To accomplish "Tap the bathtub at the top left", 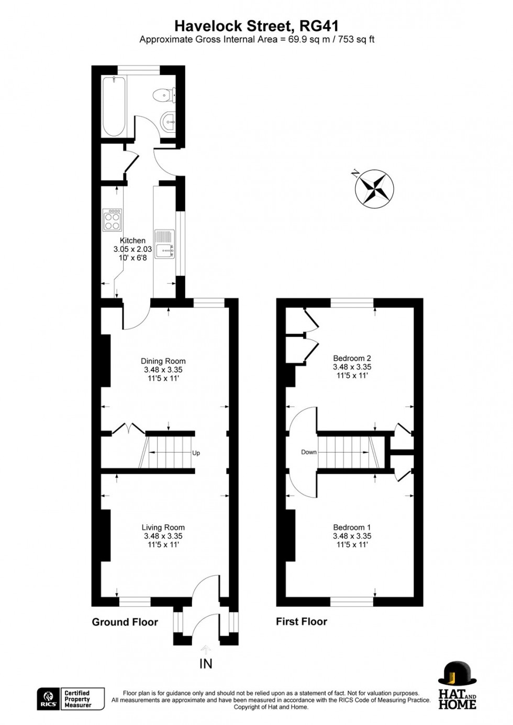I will tap(114, 106).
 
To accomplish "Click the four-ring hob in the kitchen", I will tap(113, 220).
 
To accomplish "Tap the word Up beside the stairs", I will tap(196, 453).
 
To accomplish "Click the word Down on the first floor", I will tap(309, 452).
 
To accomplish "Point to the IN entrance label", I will tap(206, 664).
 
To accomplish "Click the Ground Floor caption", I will tap(125, 622).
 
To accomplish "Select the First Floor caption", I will tap(302, 622).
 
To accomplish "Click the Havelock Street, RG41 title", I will tap(256, 26).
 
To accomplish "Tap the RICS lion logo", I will tap(48, 698).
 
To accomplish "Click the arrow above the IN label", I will tap(206, 649).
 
